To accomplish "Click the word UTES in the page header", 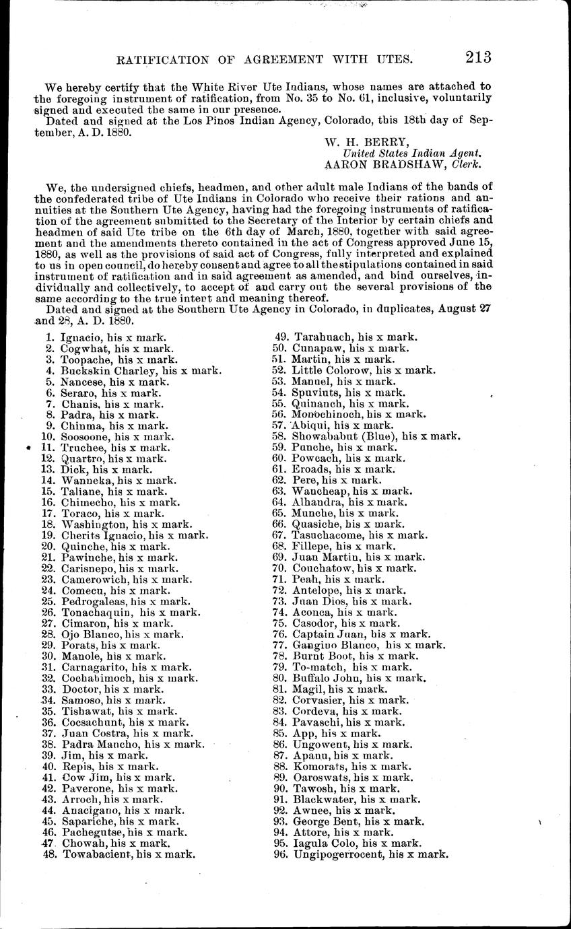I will (x=387, y=60).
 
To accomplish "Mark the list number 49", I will (x=280, y=337).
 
